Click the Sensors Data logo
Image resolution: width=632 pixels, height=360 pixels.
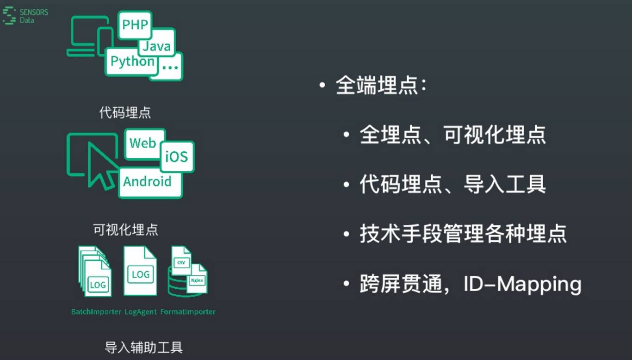pos(25,16)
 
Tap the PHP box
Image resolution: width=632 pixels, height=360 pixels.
pos(135,24)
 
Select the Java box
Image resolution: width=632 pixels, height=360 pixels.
pos(156,45)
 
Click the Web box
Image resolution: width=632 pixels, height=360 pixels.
pos(143,143)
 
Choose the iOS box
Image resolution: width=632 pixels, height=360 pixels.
pos(177,156)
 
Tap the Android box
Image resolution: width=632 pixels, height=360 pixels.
pos(148,182)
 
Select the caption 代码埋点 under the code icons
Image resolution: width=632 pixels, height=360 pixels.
pos(125,112)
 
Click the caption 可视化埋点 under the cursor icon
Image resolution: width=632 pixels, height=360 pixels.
pos(125,230)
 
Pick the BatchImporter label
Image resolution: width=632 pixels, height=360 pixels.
pos(96,312)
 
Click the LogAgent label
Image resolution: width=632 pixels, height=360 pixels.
pos(141,312)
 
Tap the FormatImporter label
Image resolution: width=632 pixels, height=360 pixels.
pos(188,312)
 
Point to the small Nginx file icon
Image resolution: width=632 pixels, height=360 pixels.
pos(197,279)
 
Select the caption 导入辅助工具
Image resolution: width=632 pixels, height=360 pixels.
pos(143,348)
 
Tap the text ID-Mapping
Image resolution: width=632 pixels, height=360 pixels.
pos(522,284)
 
